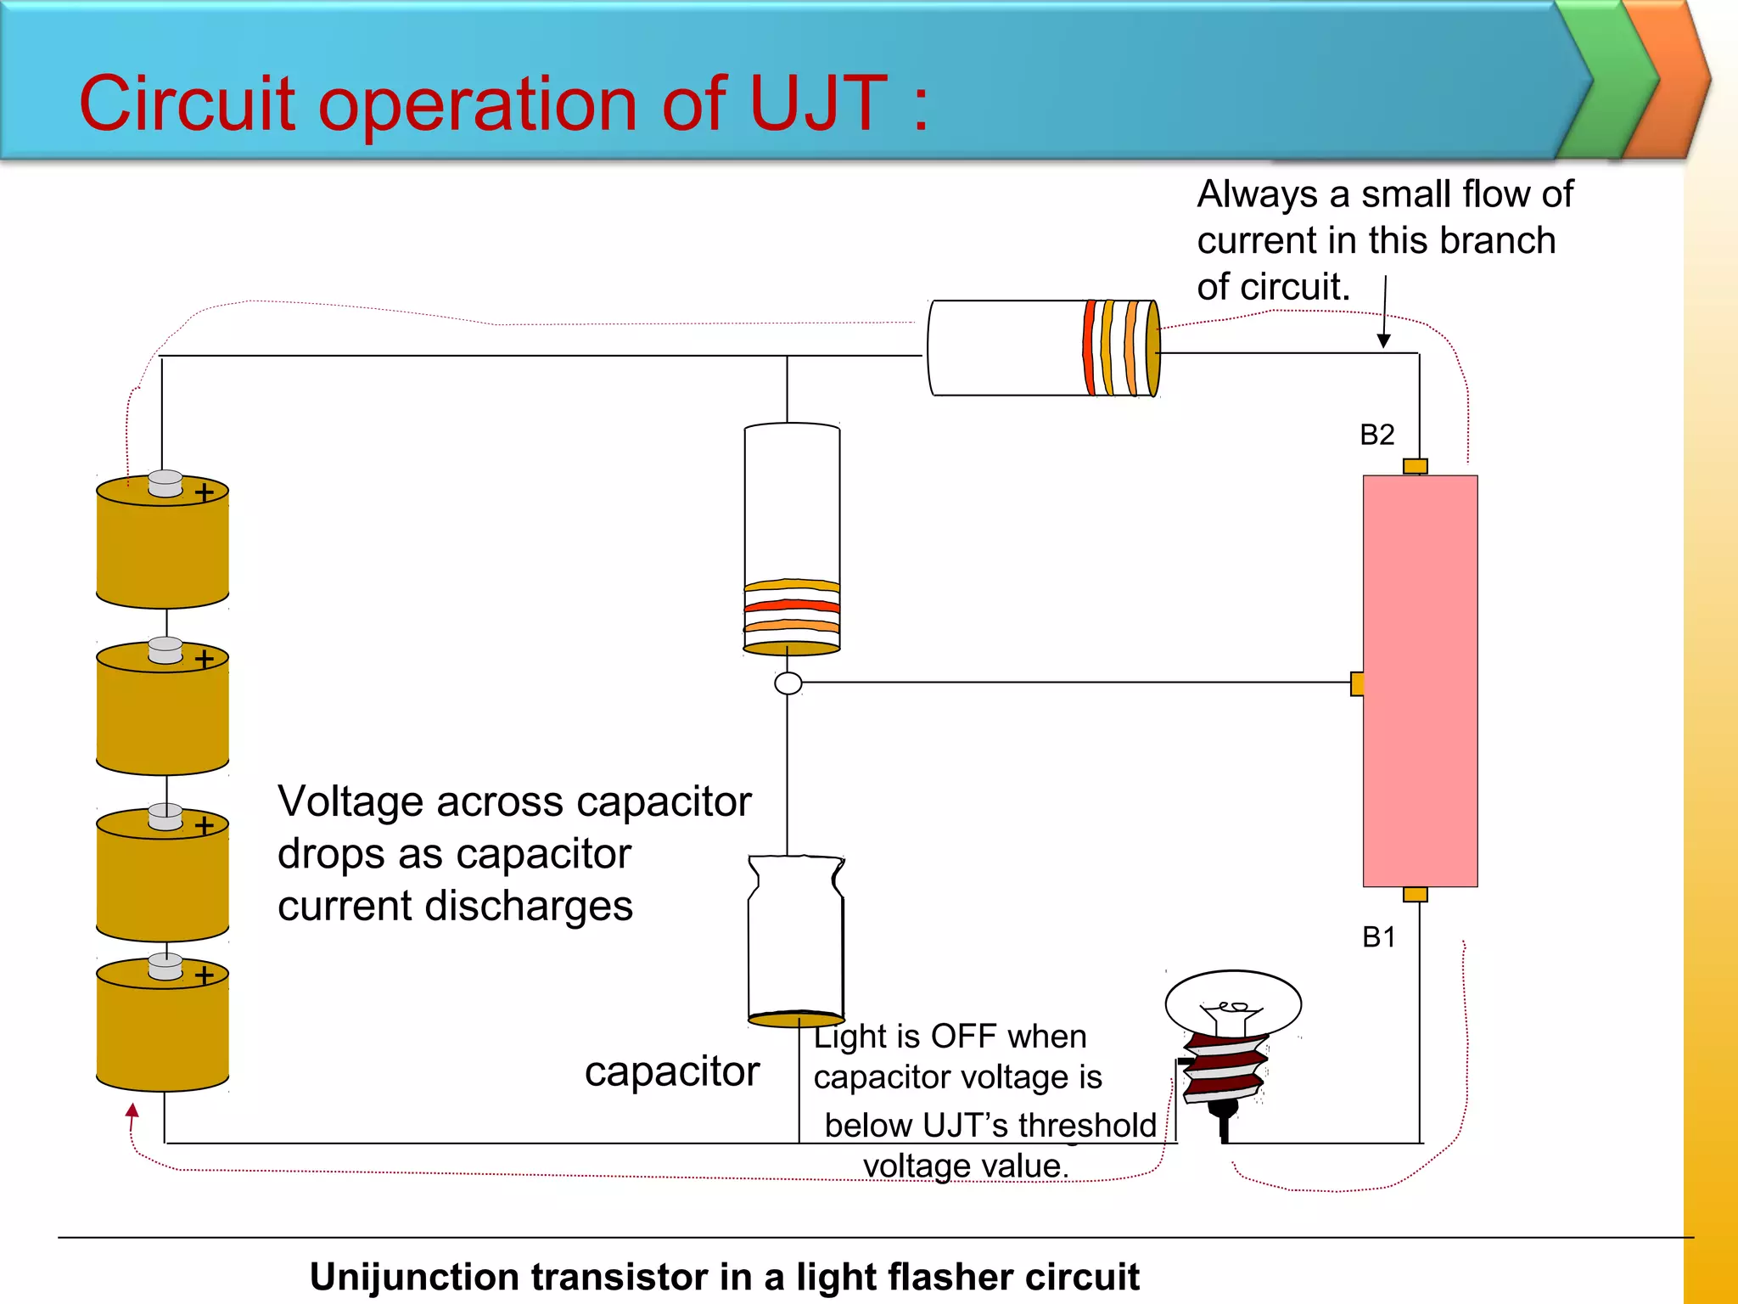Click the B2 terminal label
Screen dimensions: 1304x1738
[x=1376, y=435]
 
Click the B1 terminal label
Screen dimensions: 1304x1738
[x=1378, y=937]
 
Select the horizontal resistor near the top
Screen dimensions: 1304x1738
[x=1043, y=348]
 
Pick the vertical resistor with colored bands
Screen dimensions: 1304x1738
[x=792, y=539]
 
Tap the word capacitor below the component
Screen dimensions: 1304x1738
[x=671, y=1071]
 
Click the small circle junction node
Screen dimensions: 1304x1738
[x=788, y=683]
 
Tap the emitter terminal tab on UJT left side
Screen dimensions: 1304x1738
[x=1357, y=683]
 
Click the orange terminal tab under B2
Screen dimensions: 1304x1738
[x=1415, y=466]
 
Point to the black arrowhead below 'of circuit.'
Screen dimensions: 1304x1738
[x=1383, y=340]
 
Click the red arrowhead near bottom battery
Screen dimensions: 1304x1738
[x=132, y=1110]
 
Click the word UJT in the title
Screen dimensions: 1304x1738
[x=818, y=104]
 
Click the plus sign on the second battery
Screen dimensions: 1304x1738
[x=205, y=659]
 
